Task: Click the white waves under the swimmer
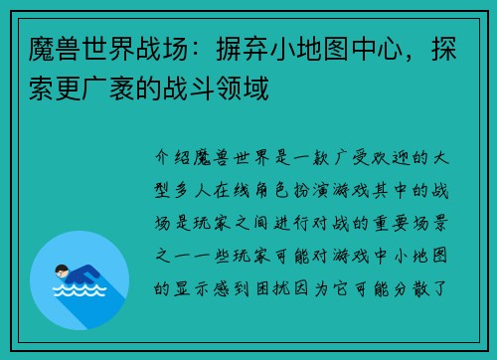[x=79, y=291]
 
